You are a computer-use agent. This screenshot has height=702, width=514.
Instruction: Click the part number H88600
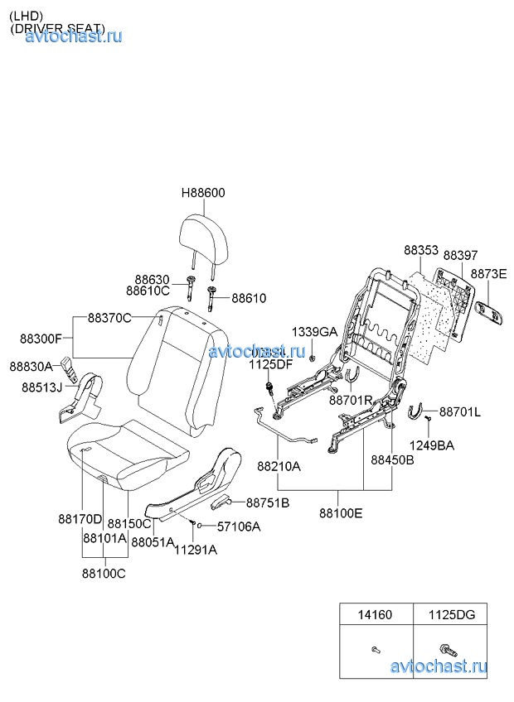pos(203,193)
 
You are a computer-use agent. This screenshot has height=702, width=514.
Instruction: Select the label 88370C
pos(110,319)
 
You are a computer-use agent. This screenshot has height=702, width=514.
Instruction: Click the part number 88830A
pos(31,366)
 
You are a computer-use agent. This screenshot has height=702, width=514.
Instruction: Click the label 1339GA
pos(314,332)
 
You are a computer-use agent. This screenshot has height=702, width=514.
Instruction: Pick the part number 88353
pos(421,249)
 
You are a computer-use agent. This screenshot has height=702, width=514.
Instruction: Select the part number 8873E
pos(488,274)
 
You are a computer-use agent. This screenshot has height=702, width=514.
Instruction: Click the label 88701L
pos(460,411)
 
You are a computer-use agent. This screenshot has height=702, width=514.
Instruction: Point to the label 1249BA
pos(432,445)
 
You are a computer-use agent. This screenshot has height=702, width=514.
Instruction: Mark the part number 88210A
pos(279,467)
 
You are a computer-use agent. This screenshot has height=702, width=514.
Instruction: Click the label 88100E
pos(341,513)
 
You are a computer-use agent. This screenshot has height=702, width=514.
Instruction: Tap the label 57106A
pos(239,526)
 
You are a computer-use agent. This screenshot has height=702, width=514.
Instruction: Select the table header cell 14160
pos(375,615)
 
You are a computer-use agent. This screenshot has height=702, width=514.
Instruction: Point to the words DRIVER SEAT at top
pos(58,28)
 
